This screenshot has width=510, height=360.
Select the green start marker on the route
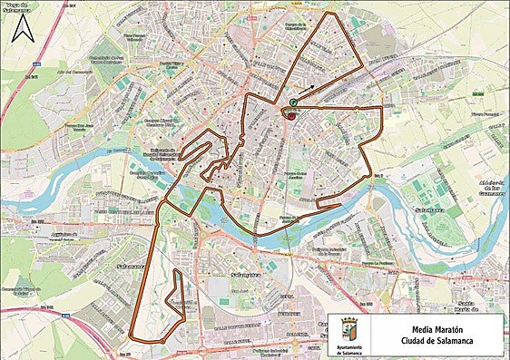(x=293, y=103)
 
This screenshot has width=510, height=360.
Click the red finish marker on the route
(x=289, y=115)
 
